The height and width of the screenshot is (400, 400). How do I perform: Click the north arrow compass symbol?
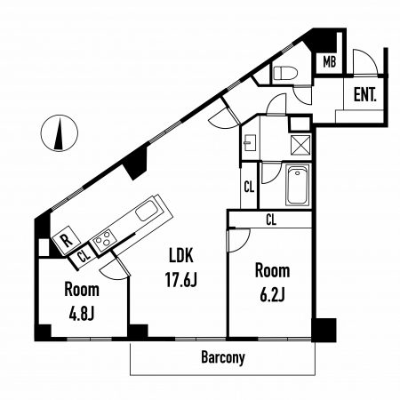coord(60,132)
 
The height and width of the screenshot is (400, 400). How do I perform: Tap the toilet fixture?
coord(285,73)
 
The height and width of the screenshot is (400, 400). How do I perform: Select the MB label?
coord(330,62)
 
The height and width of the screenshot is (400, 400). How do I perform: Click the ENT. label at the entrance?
coord(365,95)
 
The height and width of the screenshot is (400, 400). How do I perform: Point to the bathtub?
coord(298,185)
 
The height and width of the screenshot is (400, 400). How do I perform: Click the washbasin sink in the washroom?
coord(250,142)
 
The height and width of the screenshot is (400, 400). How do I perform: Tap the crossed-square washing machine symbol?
coord(300,145)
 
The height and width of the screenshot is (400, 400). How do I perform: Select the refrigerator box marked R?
coord(66,240)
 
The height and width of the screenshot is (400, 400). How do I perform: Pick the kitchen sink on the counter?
coord(148,211)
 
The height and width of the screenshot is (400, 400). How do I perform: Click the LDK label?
coord(180,256)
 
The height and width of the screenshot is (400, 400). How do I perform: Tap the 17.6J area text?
coord(180,280)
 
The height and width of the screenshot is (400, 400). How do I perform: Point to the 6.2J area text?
coord(272,295)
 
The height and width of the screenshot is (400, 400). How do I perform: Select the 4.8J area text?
coord(82,314)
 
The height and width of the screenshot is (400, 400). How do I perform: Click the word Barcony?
coord(223,357)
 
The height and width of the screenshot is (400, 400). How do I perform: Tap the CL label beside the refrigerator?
coord(84,255)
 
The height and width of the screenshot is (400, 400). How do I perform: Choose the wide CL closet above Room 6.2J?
coord(271,220)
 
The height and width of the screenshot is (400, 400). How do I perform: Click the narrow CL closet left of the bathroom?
coord(249,187)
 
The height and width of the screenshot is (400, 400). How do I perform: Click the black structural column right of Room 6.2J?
coord(324,330)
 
